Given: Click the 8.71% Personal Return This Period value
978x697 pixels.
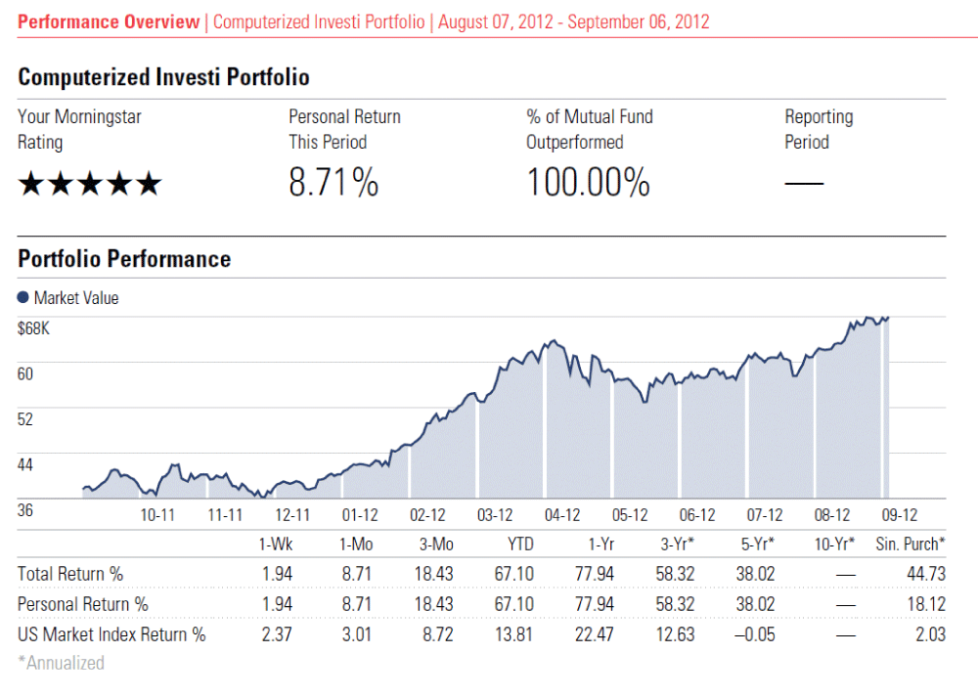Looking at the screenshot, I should pyautogui.click(x=333, y=183).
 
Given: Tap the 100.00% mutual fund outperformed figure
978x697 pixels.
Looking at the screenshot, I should pyautogui.click(x=588, y=183).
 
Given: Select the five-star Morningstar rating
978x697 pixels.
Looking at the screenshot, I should pyautogui.click(x=89, y=184).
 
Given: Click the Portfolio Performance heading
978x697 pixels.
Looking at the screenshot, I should pyautogui.click(x=124, y=259).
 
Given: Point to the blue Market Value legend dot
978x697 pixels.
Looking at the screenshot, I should pyautogui.click(x=23, y=298).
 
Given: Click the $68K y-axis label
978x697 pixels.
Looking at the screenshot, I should pyautogui.click(x=33, y=328).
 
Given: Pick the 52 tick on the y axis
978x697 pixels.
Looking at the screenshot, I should pyautogui.click(x=26, y=419).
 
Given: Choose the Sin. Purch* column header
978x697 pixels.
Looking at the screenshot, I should pyautogui.click(x=911, y=544).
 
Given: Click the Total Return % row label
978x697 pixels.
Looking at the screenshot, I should pyautogui.click(x=70, y=574).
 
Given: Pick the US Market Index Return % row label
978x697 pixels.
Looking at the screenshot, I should pyautogui.click(x=111, y=634).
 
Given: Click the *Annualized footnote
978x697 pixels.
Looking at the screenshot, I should pyautogui.click(x=61, y=663).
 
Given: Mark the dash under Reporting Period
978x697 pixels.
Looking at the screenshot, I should pyautogui.click(x=804, y=184).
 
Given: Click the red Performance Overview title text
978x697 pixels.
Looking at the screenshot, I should pyautogui.click(x=109, y=22).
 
